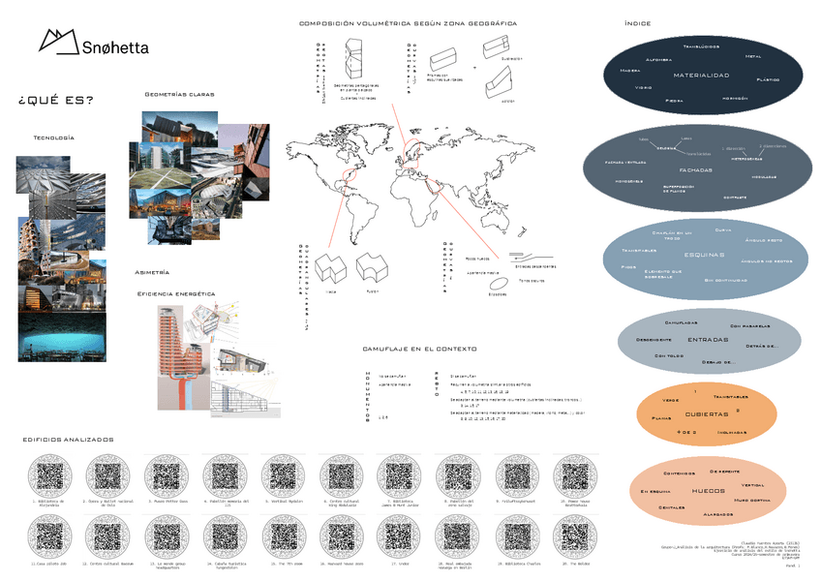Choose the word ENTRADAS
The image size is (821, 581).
click(x=708, y=340)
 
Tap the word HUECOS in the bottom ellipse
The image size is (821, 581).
click(x=708, y=492)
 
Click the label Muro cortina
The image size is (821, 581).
click(x=752, y=500)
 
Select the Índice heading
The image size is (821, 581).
click(x=638, y=23)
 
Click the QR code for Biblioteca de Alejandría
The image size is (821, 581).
click(x=48, y=475)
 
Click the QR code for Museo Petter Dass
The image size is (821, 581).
click(x=165, y=475)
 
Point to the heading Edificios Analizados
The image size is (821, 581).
click(x=68, y=440)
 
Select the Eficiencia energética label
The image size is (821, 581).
click(x=176, y=292)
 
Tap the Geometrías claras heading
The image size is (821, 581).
click(x=179, y=95)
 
